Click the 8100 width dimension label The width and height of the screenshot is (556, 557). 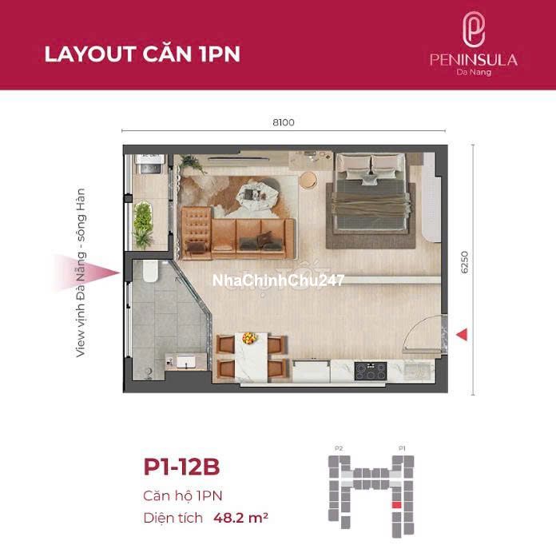tap(284, 122)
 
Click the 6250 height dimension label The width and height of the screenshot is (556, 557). tap(464, 262)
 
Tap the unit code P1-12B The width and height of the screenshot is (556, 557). tap(181, 467)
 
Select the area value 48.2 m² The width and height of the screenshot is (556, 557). tap(240, 518)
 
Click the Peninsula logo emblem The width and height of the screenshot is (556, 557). tap(473, 29)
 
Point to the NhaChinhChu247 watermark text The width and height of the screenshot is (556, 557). tap(278, 280)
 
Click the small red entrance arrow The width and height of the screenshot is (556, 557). tap(462, 334)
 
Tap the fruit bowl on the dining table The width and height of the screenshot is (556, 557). tap(249, 338)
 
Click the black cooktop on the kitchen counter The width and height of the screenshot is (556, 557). tap(371, 372)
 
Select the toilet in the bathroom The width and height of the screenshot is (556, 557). tap(150, 272)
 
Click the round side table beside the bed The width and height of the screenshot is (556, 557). tap(308, 180)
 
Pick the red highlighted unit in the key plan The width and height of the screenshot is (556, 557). tap(396, 505)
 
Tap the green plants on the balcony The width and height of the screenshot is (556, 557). tap(143, 224)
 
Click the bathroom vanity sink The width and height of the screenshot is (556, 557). tap(186, 362)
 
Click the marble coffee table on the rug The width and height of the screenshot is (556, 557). tap(255, 194)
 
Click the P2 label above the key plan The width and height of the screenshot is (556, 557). tap(339, 448)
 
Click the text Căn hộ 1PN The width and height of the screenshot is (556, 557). tap(182, 495)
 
